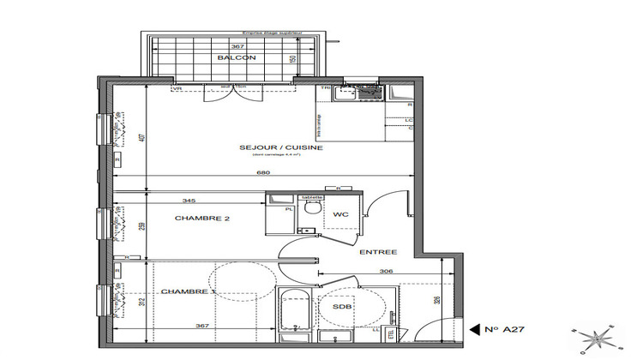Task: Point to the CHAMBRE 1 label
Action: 186,293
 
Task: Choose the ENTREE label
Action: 378,252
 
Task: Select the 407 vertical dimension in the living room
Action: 142,135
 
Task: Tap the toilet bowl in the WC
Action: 313,207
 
